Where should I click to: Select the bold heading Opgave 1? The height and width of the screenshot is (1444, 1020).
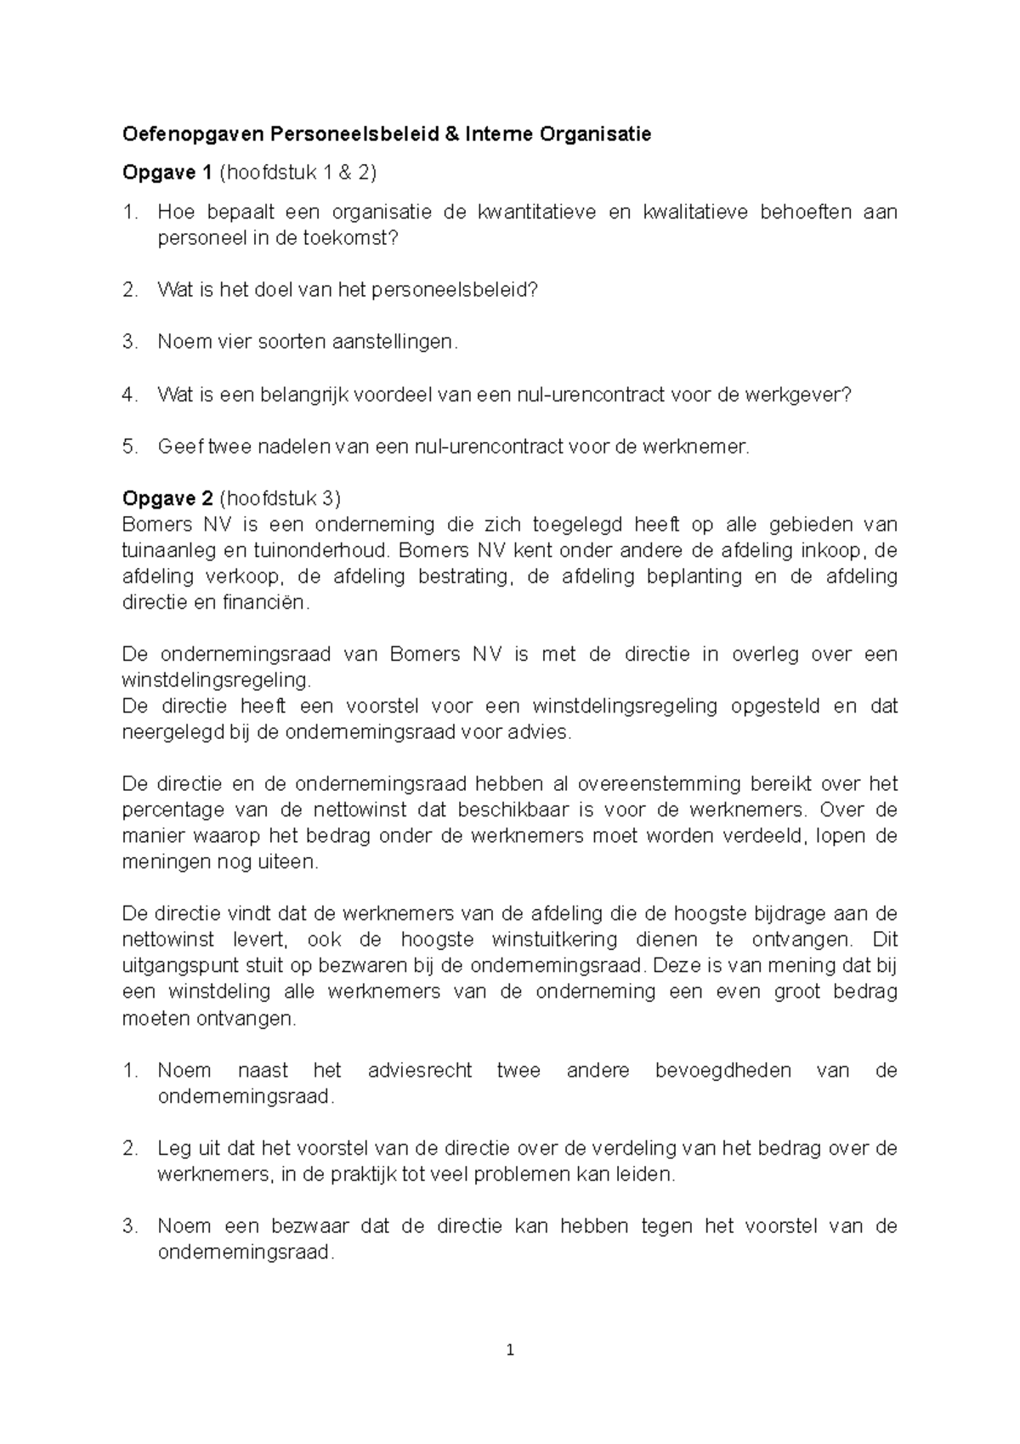click(167, 173)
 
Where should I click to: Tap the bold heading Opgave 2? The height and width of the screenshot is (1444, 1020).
click(167, 498)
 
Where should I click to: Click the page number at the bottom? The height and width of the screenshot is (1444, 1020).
click(510, 1350)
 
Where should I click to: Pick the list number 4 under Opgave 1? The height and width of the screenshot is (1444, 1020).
click(129, 395)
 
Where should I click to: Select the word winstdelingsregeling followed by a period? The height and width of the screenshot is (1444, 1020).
click(216, 680)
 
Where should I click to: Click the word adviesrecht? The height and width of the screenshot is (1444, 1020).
click(419, 1071)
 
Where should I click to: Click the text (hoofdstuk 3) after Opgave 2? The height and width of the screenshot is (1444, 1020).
click(280, 498)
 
